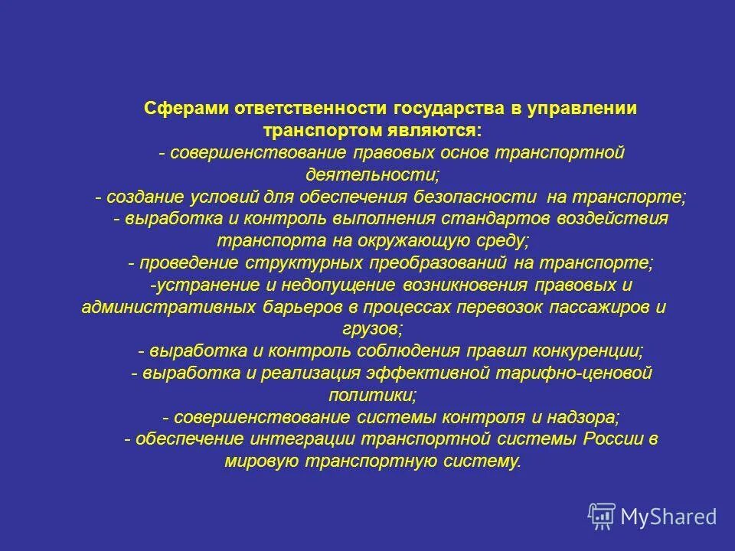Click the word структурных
point(307,262)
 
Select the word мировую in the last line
point(263,461)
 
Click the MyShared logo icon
point(602,516)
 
